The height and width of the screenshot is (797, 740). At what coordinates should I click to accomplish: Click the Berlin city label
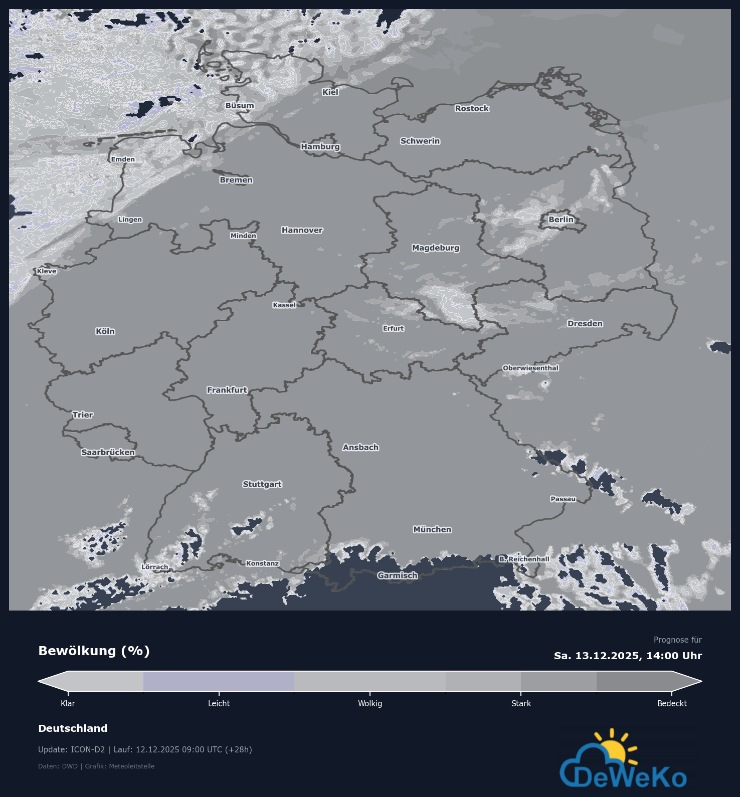coord(561,220)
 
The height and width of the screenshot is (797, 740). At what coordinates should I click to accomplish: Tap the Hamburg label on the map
coord(320,146)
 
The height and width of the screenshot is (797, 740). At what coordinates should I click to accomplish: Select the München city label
coord(432,529)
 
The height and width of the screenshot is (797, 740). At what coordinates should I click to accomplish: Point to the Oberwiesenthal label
coord(530,368)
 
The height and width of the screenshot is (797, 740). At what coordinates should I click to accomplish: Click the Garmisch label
coord(398,575)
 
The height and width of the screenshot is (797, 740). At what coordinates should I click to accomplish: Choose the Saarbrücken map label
coord(108,452)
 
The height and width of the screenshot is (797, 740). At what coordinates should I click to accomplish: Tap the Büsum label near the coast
coord(240,105)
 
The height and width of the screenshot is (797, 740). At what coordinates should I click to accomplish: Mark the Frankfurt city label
coord(227,390)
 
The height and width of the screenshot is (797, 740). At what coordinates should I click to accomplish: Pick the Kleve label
coord(47,271)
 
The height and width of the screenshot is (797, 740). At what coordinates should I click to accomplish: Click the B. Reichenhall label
coord(524,559)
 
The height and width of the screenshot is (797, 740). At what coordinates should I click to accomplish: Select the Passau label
coord(563,499)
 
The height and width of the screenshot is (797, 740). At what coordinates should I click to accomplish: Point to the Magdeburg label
coord(436,248)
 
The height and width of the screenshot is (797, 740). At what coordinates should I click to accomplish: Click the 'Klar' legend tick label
coord(68,703)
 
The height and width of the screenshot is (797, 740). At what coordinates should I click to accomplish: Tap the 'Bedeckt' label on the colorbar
coord(672,703)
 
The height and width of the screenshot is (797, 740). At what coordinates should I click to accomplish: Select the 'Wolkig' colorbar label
coord(370,703)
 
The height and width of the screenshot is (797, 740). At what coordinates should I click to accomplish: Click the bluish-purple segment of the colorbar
coord(219,681)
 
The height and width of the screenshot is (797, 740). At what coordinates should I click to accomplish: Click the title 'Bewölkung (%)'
coord(94,651)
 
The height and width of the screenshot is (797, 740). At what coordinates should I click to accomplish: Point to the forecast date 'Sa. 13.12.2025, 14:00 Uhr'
coord(628,656)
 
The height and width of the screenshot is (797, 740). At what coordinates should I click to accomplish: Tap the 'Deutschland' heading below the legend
coord(73,728)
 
